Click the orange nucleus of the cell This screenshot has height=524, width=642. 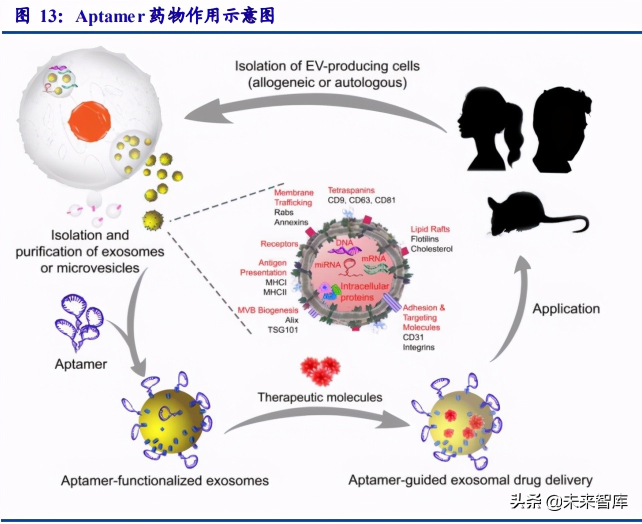tap(90, 121)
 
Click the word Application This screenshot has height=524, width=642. tap(566, 309)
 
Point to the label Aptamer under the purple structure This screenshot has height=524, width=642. tap(81, 364)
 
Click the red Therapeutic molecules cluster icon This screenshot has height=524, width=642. tap(320, 370)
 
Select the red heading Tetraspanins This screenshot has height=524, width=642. tap(351, 190)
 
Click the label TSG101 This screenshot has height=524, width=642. tap(283, 330)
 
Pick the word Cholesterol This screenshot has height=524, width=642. tap(431, 249)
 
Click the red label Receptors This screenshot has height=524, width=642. tap(279, 244)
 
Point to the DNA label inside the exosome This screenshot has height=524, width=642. tap(344, 242)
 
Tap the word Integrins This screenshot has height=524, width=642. tap(418, 347)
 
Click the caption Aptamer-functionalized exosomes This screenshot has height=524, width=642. tap(164, 481)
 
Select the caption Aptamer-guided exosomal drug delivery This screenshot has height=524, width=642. tap(470, 480)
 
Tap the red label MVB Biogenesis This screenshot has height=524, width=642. tap(268, 310)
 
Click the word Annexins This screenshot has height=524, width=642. tap(291, 222)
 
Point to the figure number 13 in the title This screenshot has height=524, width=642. tap(50, 16)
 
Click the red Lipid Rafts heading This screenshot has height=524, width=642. tap(430, 229)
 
